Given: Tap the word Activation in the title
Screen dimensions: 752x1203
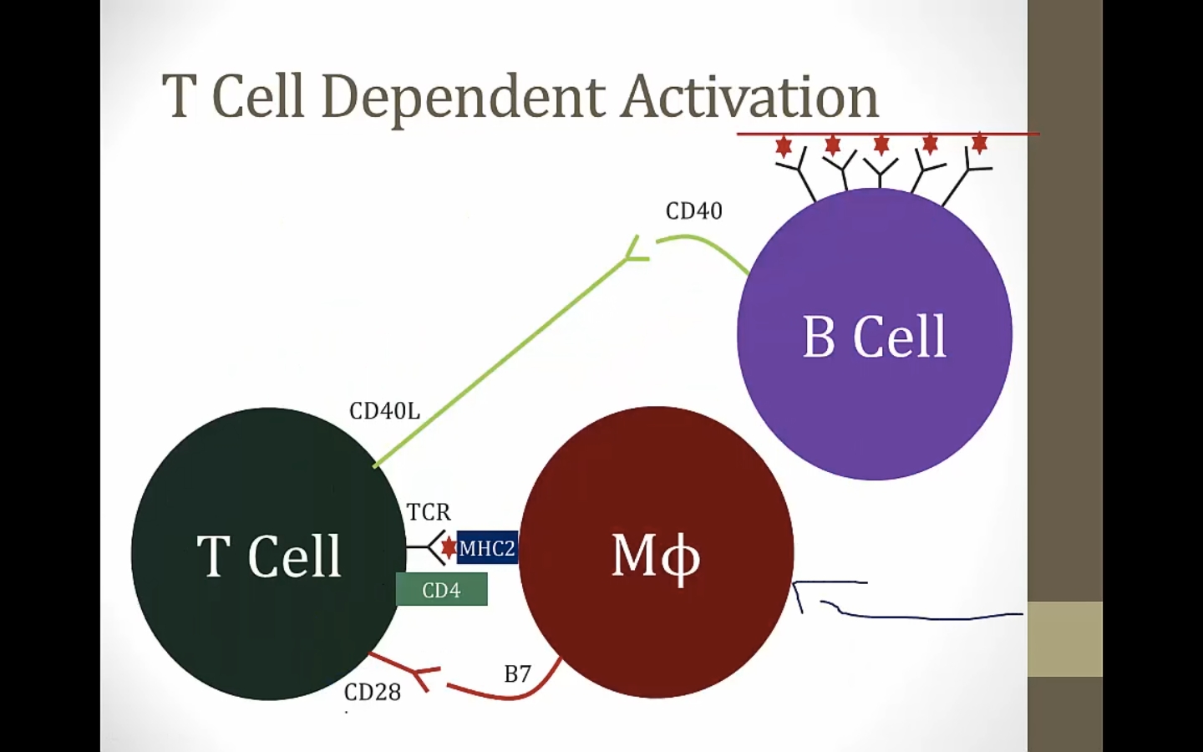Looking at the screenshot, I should click(749, 97).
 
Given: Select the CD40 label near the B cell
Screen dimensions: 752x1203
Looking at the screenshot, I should click(693, 211).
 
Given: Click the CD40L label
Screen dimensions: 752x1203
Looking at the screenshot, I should click(384, 411).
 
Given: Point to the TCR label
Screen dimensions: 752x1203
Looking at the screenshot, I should click(429, 511).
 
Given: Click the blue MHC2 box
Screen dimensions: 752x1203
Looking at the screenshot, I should click(488, 548).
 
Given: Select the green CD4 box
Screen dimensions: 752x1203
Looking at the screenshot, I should click(441, 590).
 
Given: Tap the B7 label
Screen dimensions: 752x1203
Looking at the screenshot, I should click(517, 673).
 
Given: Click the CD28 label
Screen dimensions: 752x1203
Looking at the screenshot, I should click(373, 692).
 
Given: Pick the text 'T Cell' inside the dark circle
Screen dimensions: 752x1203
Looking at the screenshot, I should click(269, 556).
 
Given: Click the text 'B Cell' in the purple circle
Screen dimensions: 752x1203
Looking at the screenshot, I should click(874, 337).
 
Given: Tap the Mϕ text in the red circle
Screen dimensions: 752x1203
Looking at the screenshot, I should click(656, 556).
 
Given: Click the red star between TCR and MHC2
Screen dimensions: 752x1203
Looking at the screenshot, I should click(449, 547).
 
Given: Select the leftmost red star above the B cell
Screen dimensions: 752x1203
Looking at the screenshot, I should click(784, 146).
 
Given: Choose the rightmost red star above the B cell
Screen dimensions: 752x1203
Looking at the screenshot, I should click(979, 144).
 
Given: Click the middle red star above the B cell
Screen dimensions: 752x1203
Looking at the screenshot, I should click(881, 145).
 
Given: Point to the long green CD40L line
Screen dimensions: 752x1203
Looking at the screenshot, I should click(501, 361).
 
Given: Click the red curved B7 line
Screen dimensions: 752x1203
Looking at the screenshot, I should click(510, 694).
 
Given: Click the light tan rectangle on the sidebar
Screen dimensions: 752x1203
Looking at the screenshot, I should click(1064, 638).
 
